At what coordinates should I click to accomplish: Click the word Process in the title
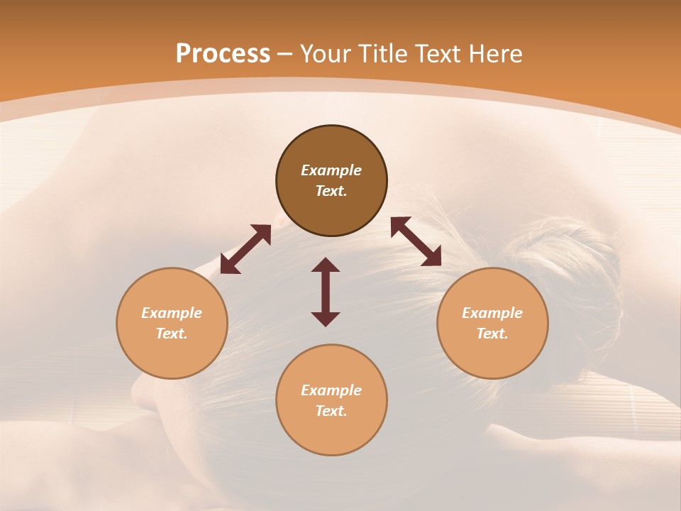[223, 54]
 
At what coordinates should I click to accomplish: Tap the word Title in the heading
[384, 54]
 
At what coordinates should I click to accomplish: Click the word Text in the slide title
[438, 54]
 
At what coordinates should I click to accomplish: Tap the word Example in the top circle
[331, 170]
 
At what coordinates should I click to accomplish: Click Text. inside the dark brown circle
[331, 191]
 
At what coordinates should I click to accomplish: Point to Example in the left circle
[172, 313]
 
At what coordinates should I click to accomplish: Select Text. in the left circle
[172, 334]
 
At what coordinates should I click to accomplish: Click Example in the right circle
[492, 313]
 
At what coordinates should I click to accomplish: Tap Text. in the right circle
[492, 334]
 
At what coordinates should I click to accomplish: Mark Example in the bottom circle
[331, 390]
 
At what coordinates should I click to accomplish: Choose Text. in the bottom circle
[331, 411]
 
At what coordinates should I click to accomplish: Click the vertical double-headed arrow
[326, 292]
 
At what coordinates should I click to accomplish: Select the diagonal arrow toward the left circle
[245, 249]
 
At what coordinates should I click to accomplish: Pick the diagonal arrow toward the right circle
[416, 241]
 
